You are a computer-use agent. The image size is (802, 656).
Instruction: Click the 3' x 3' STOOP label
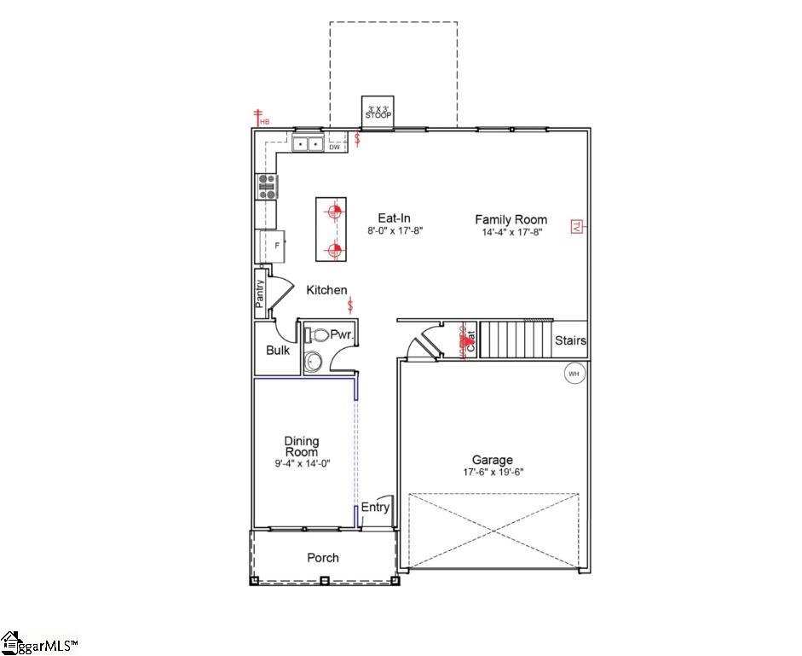[x=378, y=112]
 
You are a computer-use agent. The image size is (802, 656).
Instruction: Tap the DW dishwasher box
[x=335, y=147]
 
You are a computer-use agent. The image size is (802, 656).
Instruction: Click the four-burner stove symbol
[x=268, y=186]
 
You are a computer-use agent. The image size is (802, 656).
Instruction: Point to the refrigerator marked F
[x=274, y=246]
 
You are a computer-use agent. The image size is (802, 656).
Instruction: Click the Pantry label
[x=261, y=291]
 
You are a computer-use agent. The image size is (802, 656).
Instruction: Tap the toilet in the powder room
[x=316, y=335]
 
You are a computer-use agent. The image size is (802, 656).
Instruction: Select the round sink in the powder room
[x=313, y=363]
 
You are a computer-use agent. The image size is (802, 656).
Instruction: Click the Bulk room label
[x=278, y=350]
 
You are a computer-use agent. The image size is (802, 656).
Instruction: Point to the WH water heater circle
[x=574, y=373]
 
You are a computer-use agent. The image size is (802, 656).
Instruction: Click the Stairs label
[x=570, y=340]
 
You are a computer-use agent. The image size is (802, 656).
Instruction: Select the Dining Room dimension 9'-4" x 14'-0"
[x=302, y=463]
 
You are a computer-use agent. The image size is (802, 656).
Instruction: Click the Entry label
[x=375, y=507]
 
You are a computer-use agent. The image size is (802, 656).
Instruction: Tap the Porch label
[x=322, y=558]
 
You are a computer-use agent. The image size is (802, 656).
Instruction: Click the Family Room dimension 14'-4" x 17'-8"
[x=511, y=231]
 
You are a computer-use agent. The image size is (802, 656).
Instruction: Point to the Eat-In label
[x=395, y=218]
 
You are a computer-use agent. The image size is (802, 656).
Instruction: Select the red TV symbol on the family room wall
[x=577, y=227]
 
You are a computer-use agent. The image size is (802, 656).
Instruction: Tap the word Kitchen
[x=326, y=290]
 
